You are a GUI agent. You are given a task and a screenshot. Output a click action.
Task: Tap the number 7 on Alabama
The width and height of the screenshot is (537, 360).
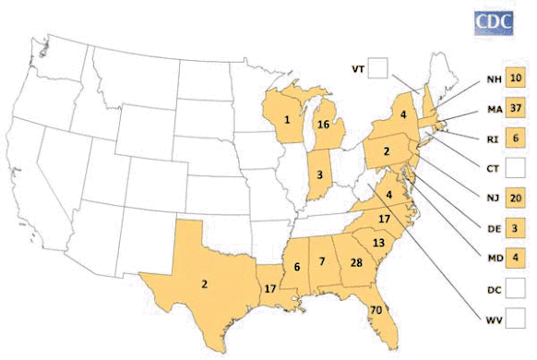click(322, 263)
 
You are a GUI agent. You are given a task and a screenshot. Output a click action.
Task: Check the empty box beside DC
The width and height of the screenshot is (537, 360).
click(517, 288)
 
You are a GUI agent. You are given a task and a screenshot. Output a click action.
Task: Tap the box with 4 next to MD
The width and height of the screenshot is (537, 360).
click(517, 258)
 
